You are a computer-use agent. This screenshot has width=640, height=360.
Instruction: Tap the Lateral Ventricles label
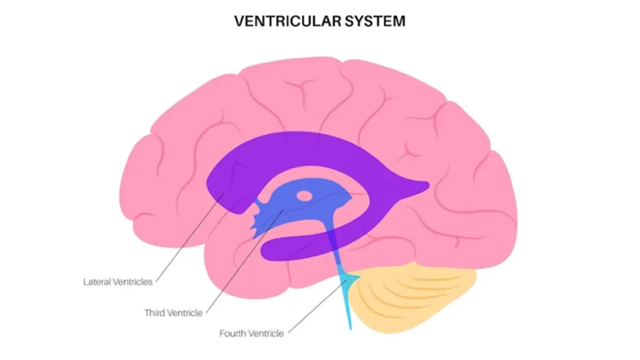coord(118,281)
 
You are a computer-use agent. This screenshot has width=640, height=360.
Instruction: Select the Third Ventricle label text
coord(173,313)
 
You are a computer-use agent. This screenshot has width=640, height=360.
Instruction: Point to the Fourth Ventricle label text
coord(252,334)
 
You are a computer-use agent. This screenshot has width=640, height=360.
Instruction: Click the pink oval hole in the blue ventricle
coord(305,196)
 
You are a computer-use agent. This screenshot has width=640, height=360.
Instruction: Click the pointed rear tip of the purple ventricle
coord(427,185)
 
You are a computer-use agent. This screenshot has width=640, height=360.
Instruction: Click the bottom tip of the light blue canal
coord(351,329)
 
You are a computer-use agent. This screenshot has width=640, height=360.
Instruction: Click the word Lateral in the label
coord(95,281)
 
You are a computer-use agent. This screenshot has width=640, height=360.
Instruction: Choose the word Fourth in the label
coord(233,334)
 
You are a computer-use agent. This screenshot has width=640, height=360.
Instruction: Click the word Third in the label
coord(155,313)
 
